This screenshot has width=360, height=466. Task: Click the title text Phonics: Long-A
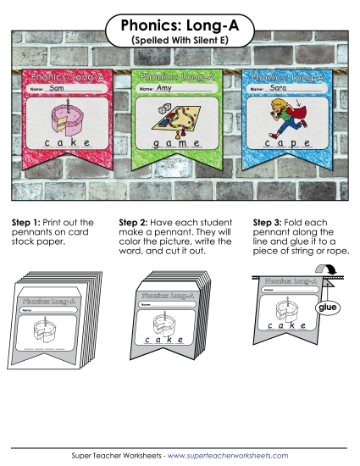180,25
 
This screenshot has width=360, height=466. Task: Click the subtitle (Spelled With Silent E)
180,40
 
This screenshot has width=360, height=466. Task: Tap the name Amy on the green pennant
164,88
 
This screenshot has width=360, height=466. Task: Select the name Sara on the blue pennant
279,87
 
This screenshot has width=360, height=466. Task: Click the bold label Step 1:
26,223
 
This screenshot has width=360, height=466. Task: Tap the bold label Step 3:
269,223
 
